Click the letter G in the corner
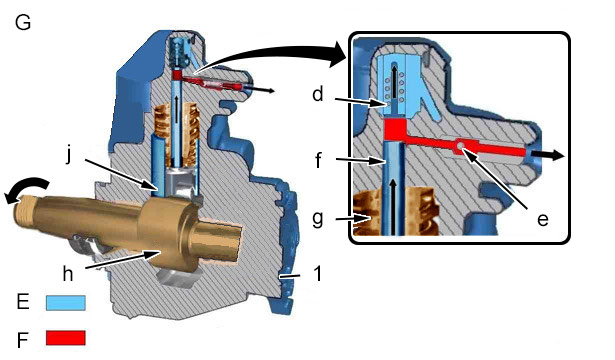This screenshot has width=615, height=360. [x=23, y=22]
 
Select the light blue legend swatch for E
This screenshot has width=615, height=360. [x=66, y=303]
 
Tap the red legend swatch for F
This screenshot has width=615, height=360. [x=66, y=338]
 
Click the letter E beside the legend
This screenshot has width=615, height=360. [x=23, y=302]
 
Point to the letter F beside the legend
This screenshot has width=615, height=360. [x=22, y=340]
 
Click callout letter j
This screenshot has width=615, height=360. [x=69, y=155]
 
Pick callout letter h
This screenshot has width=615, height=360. [x=68, y=273]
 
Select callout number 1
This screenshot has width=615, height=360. [x=318, y=273]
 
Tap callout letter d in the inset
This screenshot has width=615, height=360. [x=318, y=94]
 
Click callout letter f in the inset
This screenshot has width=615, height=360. [x=318, y=160]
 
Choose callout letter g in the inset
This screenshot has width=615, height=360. [x=318, y=218]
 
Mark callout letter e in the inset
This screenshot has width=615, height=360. [x=542, y=220]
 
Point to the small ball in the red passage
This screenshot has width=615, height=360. [x=461, y=146]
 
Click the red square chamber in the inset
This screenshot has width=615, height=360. [x=394, y=130]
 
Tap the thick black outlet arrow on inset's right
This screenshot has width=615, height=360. [x=552, y=155]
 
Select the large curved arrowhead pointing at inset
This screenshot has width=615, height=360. [x=336, y=54]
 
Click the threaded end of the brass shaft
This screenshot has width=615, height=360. [x=24, y=211]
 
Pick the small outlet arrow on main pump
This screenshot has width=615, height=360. [x=262, y=90]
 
